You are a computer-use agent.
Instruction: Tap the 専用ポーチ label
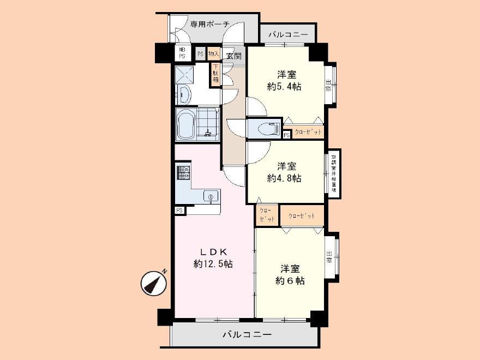(x=210, y=24)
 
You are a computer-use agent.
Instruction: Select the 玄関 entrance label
(x=234, y=55)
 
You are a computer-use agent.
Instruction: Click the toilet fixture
(x=263, y=129)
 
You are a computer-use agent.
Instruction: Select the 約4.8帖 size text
(x=284, y=178)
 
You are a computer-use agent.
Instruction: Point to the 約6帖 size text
(x=290, y=281)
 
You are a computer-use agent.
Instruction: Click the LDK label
(x=213, y=251)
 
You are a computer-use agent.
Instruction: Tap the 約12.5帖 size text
(x=213, y=264)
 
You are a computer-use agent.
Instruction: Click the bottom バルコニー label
(x=246, y=334)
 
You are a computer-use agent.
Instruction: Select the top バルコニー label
(x=288, y=35)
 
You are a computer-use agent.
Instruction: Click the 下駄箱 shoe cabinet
(x=215, y=74)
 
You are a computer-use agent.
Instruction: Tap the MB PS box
(x=182, y=53)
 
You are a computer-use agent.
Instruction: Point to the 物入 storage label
(x=213, y=53)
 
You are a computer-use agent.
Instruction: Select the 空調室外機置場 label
(x=334, y=173)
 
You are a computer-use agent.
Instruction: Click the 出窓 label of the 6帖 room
(x=330, y=256)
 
